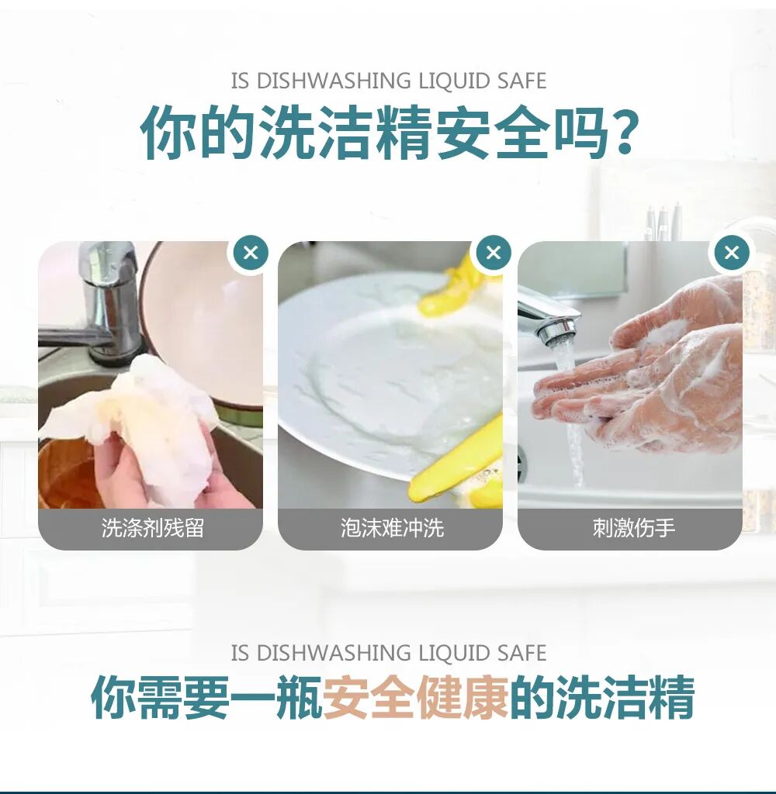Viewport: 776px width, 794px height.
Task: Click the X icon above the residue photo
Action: tap(251, 253)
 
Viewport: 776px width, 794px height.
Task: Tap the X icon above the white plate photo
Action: tap(494, 252)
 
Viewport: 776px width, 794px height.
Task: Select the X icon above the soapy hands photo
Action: tap(732, 252)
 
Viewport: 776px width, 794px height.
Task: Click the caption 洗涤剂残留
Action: tap(152, 529)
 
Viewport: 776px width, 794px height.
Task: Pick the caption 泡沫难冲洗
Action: tap(392, 529)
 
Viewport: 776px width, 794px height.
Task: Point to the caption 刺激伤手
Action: tap(633, 529)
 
